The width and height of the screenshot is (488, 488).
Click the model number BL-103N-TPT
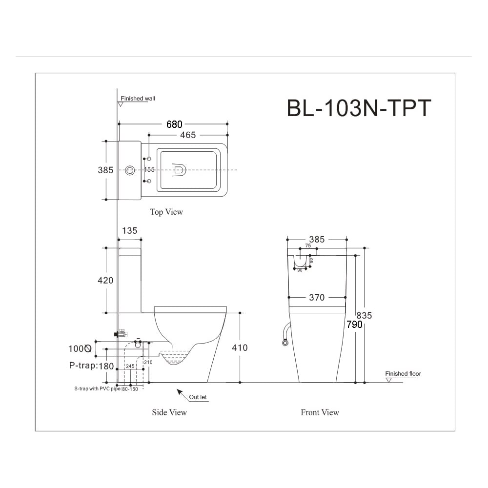359,108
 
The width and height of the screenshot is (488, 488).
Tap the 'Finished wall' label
138,99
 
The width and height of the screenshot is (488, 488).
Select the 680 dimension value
174,124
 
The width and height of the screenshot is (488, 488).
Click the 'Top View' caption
166,212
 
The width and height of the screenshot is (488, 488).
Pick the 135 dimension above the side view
129,230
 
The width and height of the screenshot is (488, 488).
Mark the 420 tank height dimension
105,280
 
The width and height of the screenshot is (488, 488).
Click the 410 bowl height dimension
239,347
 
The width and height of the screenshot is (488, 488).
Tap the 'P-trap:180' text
91,366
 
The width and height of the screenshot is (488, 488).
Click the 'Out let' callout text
198,397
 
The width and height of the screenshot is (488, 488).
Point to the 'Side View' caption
169,412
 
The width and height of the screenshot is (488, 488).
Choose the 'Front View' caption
320,412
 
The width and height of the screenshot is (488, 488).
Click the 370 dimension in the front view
317,297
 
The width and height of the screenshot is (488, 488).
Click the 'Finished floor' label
403,374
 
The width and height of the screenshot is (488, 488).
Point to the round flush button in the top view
130,170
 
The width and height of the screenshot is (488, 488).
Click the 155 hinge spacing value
149,170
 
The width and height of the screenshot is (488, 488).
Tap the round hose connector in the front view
285,343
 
